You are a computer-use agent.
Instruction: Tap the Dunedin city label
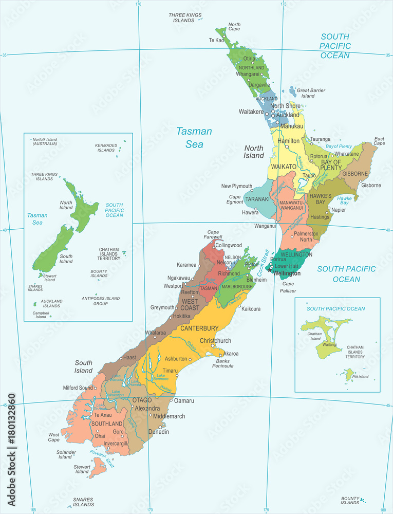159,432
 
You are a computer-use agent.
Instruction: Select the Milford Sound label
78,388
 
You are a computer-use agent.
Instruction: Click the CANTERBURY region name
199,328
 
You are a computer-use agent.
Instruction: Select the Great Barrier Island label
311,93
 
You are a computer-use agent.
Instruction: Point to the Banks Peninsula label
222,363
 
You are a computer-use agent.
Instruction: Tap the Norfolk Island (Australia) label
45,141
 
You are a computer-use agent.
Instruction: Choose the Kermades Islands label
106,148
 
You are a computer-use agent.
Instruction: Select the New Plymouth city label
236,186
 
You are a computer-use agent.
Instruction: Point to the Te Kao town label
216,40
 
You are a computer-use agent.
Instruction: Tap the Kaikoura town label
252,309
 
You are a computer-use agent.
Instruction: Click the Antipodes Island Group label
100,301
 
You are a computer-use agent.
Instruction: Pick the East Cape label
379,141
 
